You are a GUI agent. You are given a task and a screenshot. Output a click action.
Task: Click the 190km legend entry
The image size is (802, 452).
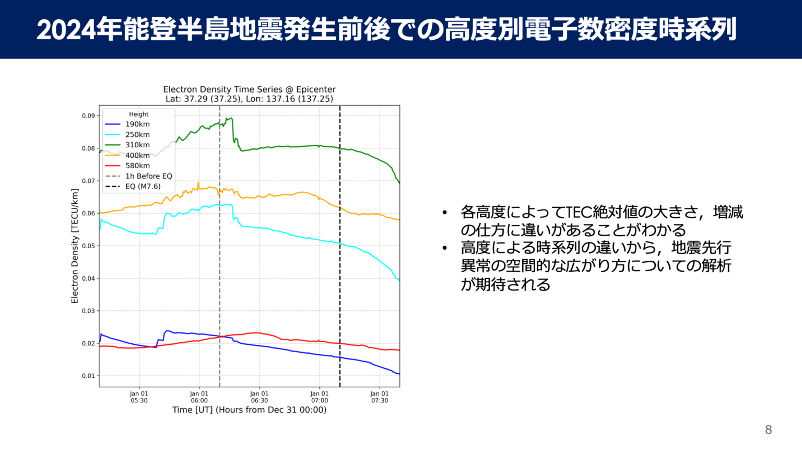[137, 124]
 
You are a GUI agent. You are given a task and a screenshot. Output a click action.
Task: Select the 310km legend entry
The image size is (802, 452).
[137, 145]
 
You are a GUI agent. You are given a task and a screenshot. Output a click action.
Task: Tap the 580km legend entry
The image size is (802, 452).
[137, 166]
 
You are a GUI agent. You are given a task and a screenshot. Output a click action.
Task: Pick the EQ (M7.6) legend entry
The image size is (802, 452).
[143, 187]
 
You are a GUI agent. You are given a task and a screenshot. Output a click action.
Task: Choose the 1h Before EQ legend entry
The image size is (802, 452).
[148, 176]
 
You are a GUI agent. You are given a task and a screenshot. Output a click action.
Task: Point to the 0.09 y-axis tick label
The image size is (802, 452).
[88, 116]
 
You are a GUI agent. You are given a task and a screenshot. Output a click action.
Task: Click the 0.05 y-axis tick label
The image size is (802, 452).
[88, 246]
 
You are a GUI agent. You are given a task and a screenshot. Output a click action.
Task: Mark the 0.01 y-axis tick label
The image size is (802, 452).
[88, 376]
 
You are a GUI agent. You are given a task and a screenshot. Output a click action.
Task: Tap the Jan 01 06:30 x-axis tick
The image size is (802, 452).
[259, 397]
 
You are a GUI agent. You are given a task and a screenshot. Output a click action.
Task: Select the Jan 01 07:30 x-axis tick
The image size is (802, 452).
[380, 397]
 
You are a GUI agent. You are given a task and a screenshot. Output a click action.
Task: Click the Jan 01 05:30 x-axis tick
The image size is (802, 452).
[139, 397]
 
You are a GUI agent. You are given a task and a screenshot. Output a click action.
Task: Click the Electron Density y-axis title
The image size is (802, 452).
[75, 246]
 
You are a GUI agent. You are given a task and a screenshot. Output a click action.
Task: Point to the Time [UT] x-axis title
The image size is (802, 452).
[249, 410]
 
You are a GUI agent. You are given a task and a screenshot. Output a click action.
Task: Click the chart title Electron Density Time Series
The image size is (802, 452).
[249, 89]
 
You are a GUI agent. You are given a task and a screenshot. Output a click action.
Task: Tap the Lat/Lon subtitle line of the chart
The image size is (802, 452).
[249, 99]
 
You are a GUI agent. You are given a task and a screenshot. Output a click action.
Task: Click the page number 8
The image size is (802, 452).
[768, 430]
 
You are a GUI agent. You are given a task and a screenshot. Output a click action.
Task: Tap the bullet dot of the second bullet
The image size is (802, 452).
[445, 248]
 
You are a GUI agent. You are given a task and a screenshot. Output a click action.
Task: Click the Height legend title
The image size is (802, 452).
[139, 114]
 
